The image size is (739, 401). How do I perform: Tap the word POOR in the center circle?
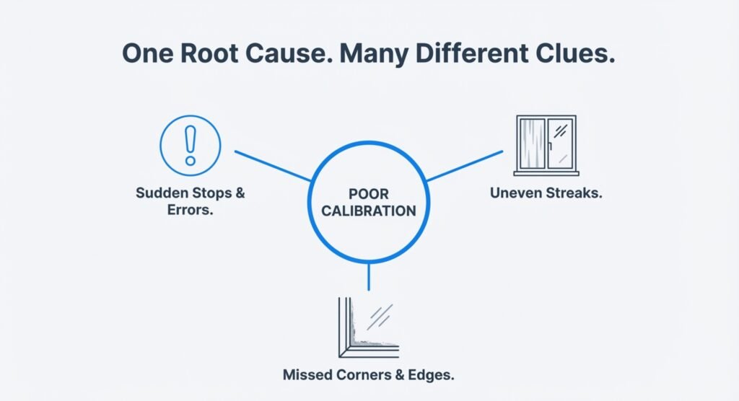tap(369, 195)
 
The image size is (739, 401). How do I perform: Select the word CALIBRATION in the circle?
tap(369, 211)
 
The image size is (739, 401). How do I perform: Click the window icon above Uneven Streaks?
tap(546, 144)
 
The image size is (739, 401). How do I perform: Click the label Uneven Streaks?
tap(546, 194)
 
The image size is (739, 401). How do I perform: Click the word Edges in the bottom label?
tap(432, 375)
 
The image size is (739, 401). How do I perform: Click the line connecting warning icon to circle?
tap(273, 166)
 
